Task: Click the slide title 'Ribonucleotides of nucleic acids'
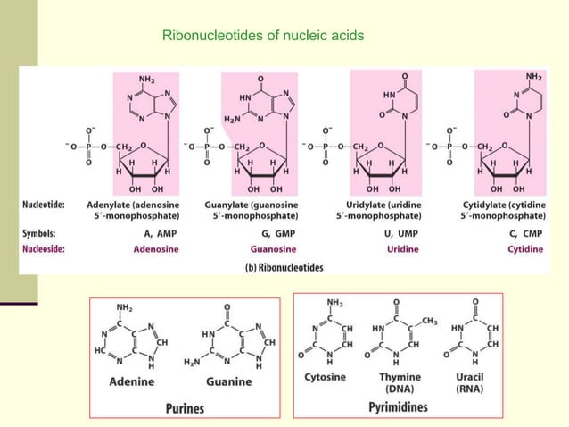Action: (x=263, y=37)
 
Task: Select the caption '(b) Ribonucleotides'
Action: (x=284, y=266)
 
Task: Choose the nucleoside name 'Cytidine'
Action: (x=525, y=248)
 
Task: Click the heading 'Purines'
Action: (x=184, y=408)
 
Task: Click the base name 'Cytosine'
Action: (x=326, y=377)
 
